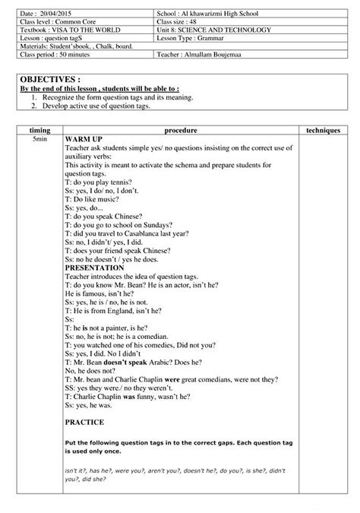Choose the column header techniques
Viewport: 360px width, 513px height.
point(322,131)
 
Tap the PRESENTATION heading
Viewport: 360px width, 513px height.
point(95,268)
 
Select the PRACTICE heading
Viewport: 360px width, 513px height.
point(84,421)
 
